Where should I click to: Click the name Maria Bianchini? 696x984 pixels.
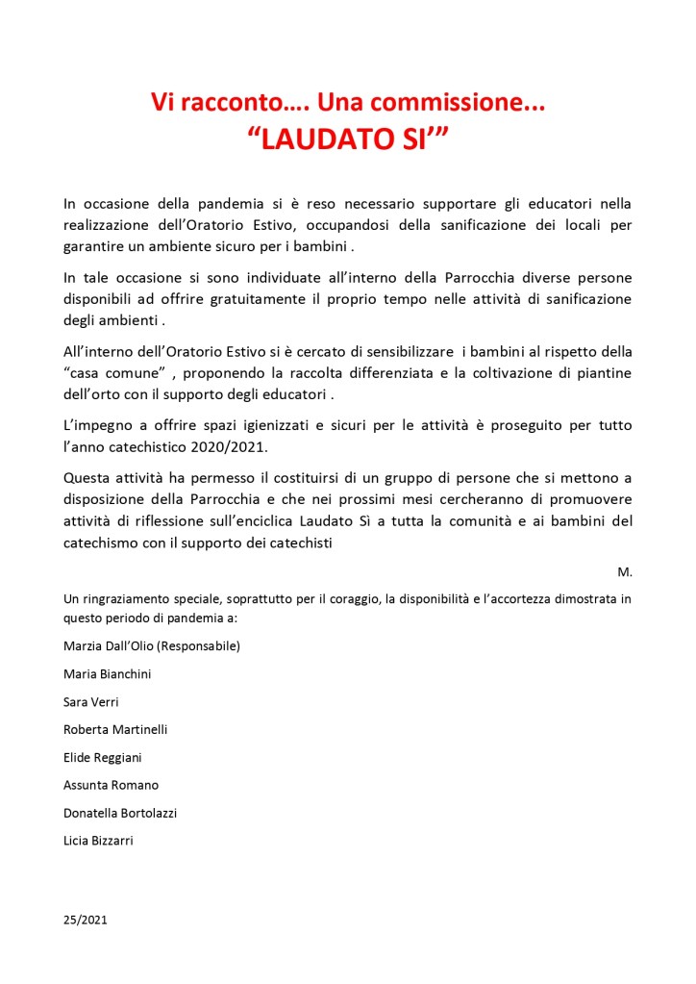(107, 674)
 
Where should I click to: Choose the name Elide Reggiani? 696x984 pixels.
(103, 757)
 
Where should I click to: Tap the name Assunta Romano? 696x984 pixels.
(111, 785)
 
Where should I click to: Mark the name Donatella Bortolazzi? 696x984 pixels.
(120, 813)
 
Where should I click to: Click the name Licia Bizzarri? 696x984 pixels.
(98, 841)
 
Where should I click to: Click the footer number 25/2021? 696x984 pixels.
(86, 920)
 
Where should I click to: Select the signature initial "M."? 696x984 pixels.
(625, 571)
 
